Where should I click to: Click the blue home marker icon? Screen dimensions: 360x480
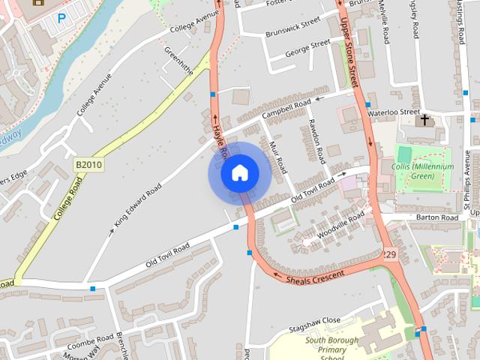point(239,173)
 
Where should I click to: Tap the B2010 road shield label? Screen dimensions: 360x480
point(88,164)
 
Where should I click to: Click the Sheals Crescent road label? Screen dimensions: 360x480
point(315,277)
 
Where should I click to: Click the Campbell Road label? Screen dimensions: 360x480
point(286,110)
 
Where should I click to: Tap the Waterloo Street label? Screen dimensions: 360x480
point(394,112)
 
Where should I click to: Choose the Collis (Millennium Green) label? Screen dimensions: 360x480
point(423,171)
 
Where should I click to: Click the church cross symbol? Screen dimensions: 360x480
point(425,119)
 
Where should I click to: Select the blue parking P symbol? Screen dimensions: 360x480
point(61,16)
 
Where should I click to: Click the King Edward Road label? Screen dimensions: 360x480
point(138,205)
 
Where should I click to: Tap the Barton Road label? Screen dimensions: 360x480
point(438,217)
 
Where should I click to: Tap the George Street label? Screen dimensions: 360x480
point(307,47)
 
